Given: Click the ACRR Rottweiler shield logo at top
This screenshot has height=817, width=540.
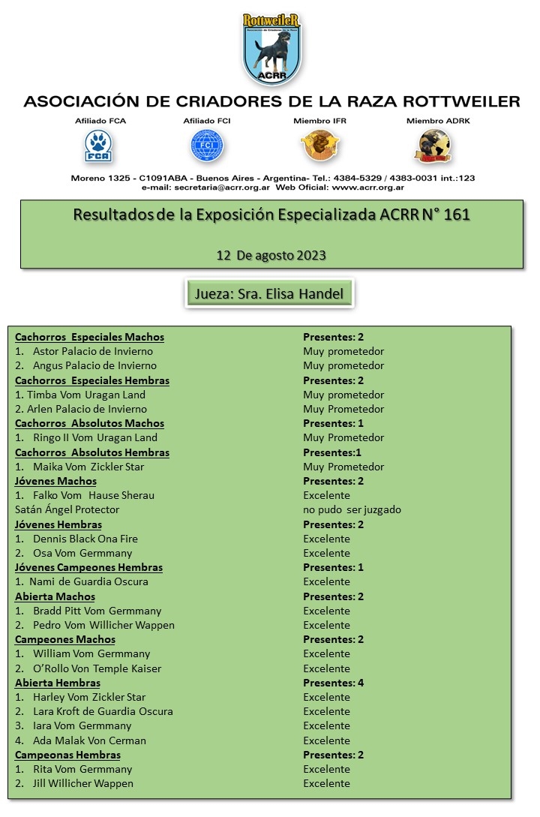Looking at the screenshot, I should (x=271, y=50).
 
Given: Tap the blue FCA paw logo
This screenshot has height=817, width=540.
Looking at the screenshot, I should (x=98, y=146).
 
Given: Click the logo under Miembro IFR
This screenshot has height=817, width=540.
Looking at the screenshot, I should (x=320, y=145).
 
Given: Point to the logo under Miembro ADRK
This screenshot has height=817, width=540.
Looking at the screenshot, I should (x=433, y=146).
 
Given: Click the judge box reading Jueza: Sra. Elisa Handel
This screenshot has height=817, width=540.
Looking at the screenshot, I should (x=269, y=293).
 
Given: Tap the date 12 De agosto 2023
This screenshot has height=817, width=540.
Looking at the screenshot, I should (x=271, y=255).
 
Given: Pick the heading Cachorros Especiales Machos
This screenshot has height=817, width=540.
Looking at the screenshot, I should (x=89, y=337).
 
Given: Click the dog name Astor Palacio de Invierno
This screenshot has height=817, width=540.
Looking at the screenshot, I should (x=92, y=351).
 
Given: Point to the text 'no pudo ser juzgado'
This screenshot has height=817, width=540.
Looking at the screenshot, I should (x=352, y=509).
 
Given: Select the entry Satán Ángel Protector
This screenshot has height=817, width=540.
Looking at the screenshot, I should (x=67, y=509).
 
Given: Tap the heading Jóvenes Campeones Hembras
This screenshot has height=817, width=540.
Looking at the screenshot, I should (x=88, y=567).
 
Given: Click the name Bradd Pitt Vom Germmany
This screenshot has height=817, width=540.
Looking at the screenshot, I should (x=97, y=611).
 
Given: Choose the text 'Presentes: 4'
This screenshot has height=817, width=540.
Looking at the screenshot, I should (x=333, y=683).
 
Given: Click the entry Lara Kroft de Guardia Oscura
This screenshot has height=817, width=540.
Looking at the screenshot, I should (x=103, y=711).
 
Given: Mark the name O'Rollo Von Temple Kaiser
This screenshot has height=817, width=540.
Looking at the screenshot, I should (x=97, y=668).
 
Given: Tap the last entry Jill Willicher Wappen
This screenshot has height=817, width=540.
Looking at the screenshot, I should (x=82, y=783).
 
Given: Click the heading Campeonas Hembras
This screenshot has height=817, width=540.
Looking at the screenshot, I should (x=67, y=755).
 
